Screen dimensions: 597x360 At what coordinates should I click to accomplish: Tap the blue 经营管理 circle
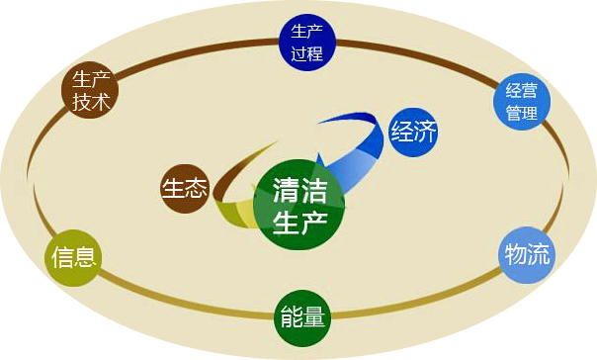tap(521, 99)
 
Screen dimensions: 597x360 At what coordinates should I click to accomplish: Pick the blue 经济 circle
tap(413, 132)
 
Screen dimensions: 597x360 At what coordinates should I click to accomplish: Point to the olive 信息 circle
tap(74, 259)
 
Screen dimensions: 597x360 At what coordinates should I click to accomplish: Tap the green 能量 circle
tap(301, 318)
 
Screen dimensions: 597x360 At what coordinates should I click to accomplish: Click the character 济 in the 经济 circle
tap(425, 132)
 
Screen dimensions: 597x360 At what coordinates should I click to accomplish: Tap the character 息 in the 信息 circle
tap(86, 259)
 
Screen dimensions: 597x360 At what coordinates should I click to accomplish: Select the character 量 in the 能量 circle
tap(314, 318)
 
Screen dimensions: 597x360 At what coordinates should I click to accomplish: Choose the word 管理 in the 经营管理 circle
tap(521, 112)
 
